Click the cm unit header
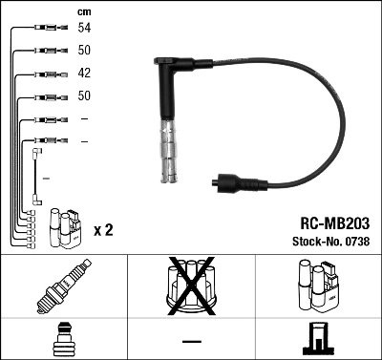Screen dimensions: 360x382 [84, 11]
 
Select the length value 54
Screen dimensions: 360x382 [84, 29]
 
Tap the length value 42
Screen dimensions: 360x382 [84, 74]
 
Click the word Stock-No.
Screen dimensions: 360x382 [314, 239]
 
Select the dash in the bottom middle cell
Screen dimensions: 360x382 [191, 340]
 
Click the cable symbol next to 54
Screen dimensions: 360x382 [46, 29]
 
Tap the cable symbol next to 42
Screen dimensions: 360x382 [46, 74]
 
